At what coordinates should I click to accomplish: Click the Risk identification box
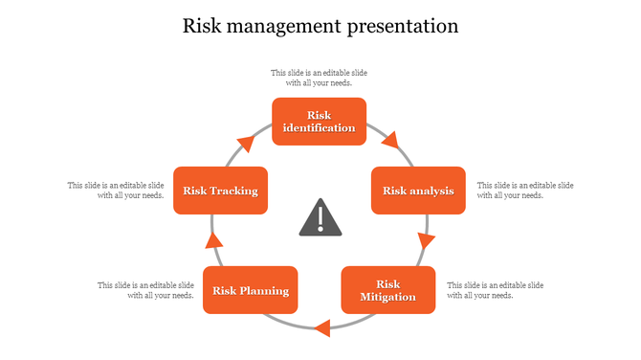click(319, 122)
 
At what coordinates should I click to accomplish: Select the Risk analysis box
click(418, 191)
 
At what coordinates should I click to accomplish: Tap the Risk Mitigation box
click(387, 290)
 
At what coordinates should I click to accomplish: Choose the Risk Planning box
click(250, 290)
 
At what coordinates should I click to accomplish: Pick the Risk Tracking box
click(220, 191)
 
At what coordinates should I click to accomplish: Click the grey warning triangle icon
click(320, 219)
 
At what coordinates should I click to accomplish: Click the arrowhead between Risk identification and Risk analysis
click(389, 142)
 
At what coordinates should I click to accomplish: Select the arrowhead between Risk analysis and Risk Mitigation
click(426, 240)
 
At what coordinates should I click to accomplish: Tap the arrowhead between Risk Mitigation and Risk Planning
click(322, 328)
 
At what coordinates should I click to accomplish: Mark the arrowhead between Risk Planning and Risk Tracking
click(214, 239)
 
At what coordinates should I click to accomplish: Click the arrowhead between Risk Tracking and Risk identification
click(246, 144)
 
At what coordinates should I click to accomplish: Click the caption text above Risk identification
click(319, 78)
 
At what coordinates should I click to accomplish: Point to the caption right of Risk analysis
click(524, 190)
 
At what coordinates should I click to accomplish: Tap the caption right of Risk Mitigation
click(495, 290)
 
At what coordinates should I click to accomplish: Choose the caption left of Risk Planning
click(146, 290)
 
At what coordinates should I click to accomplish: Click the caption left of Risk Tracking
click(116, 190)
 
